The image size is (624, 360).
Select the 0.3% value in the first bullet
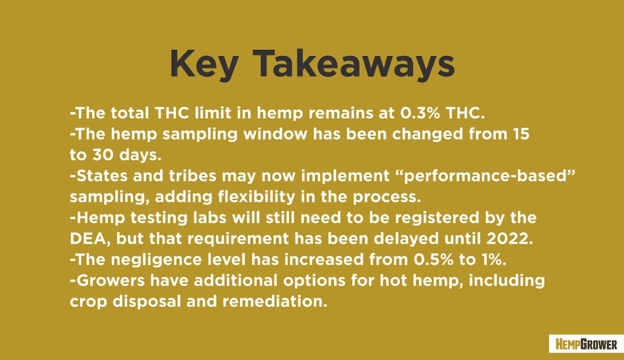coord(420,113)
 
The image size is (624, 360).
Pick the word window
coord(275,134)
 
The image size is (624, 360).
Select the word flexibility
coord(256,197)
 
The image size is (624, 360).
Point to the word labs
coord(210,217)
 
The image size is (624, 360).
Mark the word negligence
coord(156,260)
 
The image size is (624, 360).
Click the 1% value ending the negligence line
coord(494,260)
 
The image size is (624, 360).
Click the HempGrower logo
coord(586,344)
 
